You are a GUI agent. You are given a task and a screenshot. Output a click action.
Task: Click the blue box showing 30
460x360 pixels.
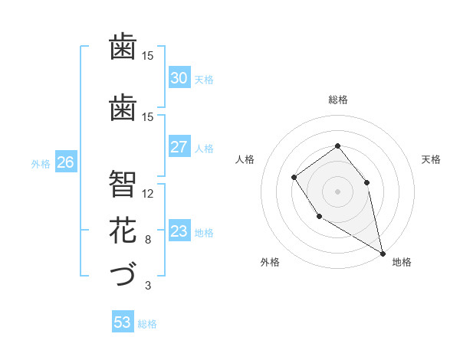[179, 78]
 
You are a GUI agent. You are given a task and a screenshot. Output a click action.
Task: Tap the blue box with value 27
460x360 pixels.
[179, 147]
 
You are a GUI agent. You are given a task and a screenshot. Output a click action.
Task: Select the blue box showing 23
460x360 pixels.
[179, 231]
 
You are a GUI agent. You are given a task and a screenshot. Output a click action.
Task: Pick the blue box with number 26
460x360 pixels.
[65, 162]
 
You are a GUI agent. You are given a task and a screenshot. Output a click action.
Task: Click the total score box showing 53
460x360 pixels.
[122, 322]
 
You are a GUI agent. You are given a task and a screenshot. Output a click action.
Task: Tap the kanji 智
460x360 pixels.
[123, 184]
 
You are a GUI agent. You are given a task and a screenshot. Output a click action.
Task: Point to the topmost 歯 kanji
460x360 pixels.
[123, 46]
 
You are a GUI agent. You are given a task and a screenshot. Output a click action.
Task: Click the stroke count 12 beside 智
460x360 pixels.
[148, 193]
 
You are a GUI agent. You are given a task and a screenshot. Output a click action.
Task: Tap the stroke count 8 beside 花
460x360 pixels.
[148, 240]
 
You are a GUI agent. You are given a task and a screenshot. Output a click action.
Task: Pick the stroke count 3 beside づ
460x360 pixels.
[148, 286]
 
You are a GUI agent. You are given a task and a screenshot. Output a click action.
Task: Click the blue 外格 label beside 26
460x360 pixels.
[41, 163]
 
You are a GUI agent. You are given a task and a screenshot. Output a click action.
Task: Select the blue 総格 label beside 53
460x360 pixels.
[147, 324]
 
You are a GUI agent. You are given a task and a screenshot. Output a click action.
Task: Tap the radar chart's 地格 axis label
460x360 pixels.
[402, 262]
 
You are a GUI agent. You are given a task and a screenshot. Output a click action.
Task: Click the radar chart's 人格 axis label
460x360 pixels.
[245, 159]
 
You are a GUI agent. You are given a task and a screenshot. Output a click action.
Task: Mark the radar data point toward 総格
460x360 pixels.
[337, 146]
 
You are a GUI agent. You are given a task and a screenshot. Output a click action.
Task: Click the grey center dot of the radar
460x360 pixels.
[337, 191]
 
